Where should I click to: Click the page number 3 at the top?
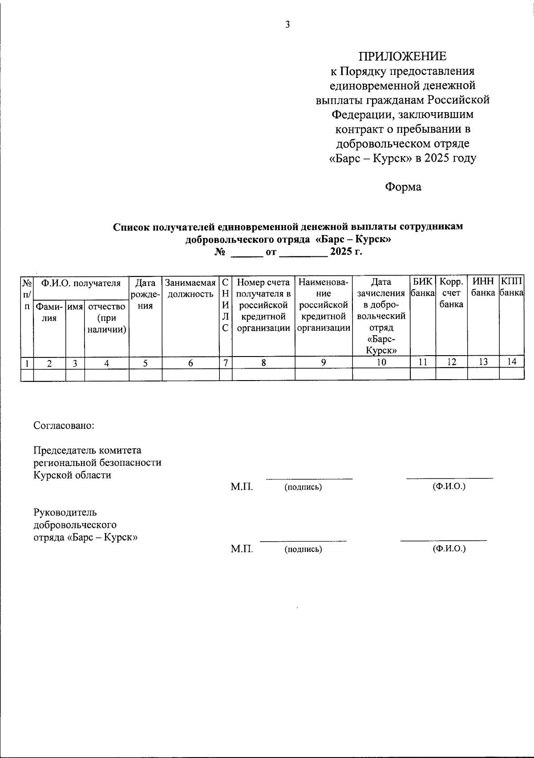tap(287, 24)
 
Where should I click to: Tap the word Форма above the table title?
tap(403, 187)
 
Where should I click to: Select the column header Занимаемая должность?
tap(190, 288)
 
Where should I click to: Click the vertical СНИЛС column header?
tap(226, 305)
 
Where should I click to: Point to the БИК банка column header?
tap(423, 288)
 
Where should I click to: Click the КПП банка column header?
tap(512, 288)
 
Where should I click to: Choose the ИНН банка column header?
tap(483, 288)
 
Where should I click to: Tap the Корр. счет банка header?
tap(452, 293)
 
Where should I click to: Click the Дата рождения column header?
tap(146, 294)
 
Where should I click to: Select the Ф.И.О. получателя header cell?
tap(81, 283)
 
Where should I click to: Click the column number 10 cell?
tap(381, 362)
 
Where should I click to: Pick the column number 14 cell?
tap(512, 362)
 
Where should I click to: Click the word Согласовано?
tap(64, 425)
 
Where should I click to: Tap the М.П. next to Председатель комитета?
tap(242, 486)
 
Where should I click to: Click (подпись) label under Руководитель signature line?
tap(303, 549)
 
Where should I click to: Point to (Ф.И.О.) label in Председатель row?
tap(449, 486)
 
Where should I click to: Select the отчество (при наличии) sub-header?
tap(107, 318)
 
